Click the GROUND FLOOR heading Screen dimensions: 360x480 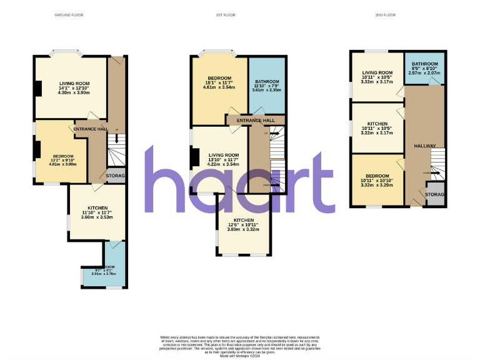pos(70,14)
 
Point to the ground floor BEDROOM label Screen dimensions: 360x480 pos(62,156)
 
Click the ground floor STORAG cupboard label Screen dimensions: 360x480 pos(116,176)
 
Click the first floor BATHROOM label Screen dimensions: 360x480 pos(267,82)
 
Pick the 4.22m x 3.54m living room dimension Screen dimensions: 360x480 pos(223,165)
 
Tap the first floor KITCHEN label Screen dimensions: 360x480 pos(244,221)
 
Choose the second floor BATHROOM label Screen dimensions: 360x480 pos(424,64)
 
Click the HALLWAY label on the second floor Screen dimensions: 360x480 pos(424,146)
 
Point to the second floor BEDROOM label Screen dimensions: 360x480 pos(377,177)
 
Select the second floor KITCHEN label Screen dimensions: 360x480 pos(377,124)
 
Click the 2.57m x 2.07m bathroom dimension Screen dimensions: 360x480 pos(424,73)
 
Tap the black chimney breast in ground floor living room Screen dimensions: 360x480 pos(37,89)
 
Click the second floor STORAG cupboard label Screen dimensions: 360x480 pos(436,195)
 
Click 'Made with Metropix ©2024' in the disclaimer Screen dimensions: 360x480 pos(240,355)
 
